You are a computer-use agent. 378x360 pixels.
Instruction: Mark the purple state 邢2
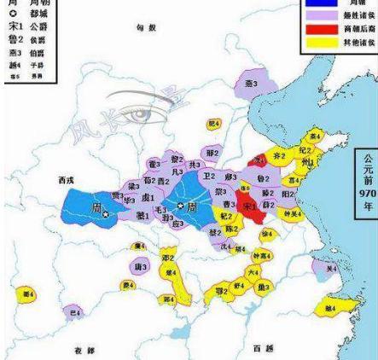click(x=212, y=153)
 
